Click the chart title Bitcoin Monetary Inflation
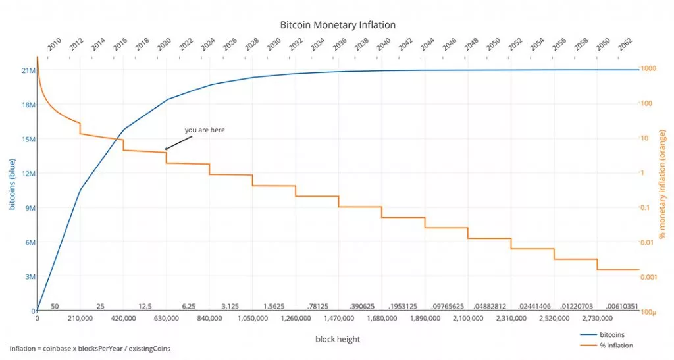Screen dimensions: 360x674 point(338,25)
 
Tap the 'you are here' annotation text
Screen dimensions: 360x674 point(205,130)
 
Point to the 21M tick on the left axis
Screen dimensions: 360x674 point(28,70)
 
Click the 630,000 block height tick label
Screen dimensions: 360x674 point(166,319)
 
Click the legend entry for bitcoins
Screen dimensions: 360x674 point(612,334)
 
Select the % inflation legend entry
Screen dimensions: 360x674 point(616,346)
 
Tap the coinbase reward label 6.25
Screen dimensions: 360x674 point(189,306)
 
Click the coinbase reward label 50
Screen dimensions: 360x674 point(55,306)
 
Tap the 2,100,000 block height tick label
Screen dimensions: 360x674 point(468,319)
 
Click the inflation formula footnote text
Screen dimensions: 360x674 point(90,347)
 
